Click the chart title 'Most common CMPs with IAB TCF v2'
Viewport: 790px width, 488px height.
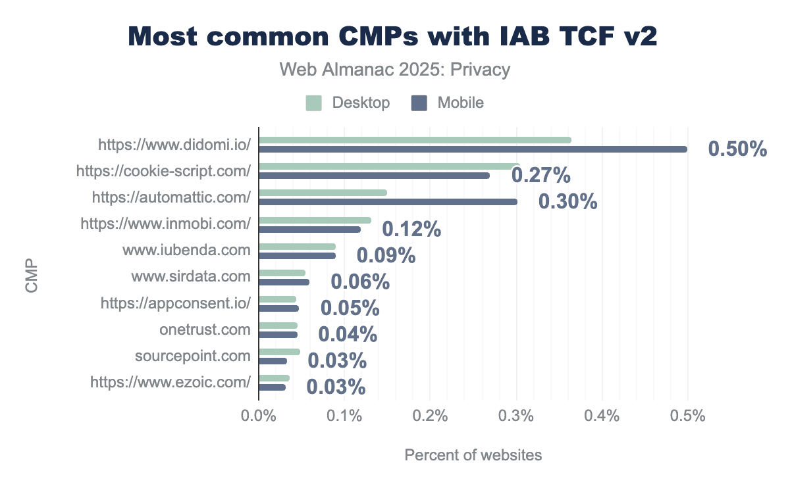click(x=393, y=36)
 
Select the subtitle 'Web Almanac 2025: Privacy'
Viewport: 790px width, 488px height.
click(x=395, y=69)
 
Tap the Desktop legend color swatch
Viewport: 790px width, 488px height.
click(x=314, y=103)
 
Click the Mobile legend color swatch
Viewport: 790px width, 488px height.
click(x=419, y=103)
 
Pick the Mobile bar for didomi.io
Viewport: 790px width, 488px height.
click(x=473, y=149)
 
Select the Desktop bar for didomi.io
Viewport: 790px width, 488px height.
click(x=415, y=139)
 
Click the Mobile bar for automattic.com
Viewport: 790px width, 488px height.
click(x=388, y=202)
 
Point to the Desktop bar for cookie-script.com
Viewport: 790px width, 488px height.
click(x=389, y=166)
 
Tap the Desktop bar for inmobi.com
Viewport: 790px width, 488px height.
click(x=315, y=220)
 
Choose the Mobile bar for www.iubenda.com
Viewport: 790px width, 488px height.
click(x=297, y=256)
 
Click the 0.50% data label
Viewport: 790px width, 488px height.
click(x=737, y=149)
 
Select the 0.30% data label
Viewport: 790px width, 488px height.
click(x=567, y=202)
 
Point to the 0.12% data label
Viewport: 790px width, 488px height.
click(x=411, y=229)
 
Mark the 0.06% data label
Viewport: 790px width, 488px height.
click(x=360, y=282)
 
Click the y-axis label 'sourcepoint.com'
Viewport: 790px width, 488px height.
click(x=192, y=356)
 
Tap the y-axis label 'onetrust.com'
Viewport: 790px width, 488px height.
click(x=205, y=329)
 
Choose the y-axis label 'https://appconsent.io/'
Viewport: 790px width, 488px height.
click(x=176, y=303)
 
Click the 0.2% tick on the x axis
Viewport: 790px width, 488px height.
click(x=430, y=416)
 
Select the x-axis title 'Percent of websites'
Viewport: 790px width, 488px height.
click(x=473, y=455)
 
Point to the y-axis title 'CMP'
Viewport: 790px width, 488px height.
click(x=31, y=280)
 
